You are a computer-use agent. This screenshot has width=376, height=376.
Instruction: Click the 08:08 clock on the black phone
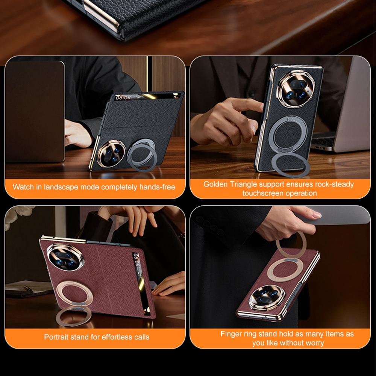(123, 98)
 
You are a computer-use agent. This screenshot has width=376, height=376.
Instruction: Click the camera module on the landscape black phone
(111, 154)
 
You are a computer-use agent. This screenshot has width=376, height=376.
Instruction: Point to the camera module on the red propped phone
(65, 257)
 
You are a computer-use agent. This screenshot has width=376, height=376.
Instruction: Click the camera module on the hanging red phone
(267, 297)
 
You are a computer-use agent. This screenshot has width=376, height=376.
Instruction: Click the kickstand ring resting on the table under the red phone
(73, 316)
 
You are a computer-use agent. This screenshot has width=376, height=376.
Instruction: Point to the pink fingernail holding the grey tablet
(317, 215)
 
